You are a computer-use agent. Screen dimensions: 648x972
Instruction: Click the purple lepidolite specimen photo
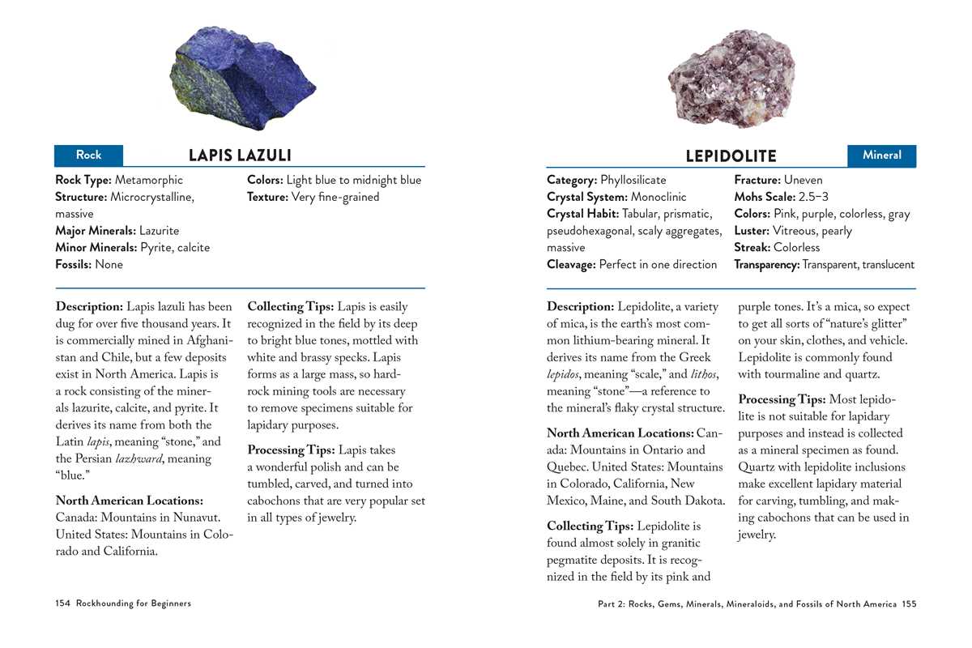(731, 82)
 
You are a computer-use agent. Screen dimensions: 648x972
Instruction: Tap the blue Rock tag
(89, 155)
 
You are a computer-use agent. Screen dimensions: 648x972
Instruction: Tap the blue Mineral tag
(881, 155)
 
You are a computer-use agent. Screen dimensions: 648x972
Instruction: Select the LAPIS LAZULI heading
(240, 155)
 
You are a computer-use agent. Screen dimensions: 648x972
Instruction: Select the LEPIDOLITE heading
(731, 156)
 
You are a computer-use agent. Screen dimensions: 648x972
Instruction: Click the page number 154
(63, 603)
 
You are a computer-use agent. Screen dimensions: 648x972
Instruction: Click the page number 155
(909, 603)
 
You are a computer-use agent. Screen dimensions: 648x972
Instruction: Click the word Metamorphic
(149, 180)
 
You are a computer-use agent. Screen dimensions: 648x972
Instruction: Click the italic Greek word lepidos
(565, 374)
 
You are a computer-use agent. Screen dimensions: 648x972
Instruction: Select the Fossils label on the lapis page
(74, 264)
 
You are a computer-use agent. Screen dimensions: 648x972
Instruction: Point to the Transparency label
(766, 264)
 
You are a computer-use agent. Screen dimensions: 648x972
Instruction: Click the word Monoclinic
(659, 197)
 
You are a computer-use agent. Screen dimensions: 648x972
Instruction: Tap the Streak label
(752, 247)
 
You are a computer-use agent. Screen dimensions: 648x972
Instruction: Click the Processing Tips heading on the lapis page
(291, 450)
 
